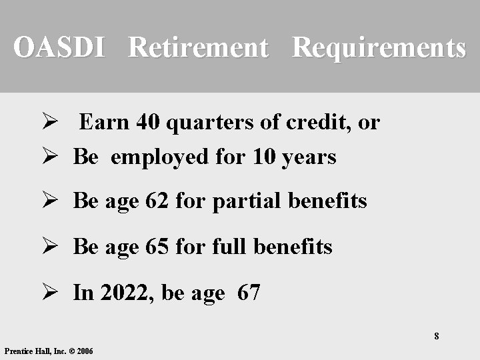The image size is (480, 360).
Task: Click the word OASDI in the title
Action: (x=59, y=47)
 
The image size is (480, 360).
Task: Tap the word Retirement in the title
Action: (x=198, y=47)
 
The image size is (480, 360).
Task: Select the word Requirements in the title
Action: (x=379, y=47)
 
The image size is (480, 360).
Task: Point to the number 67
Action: (x=249, y=293)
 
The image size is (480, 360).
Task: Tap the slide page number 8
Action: (x=437, y=336)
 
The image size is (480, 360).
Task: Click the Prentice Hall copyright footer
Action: (x=49, y=351)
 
